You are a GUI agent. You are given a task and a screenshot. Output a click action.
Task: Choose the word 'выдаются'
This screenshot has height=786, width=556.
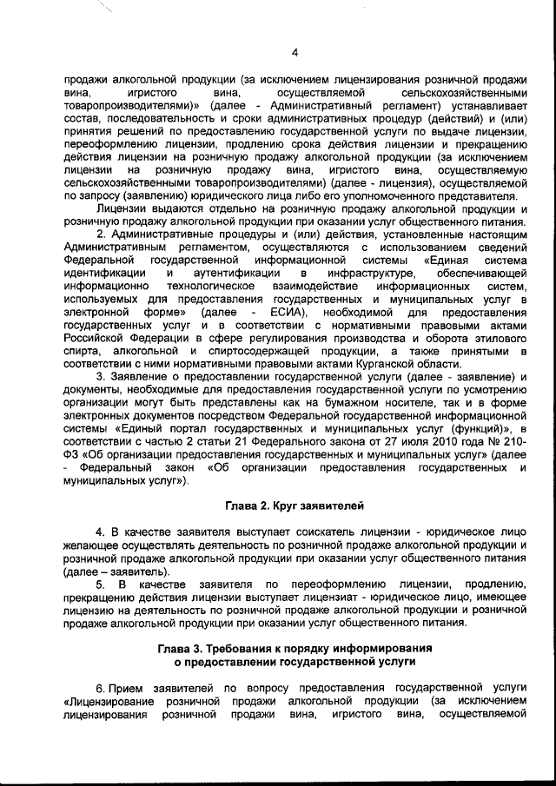pyautogui.click(x=165, y=208)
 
